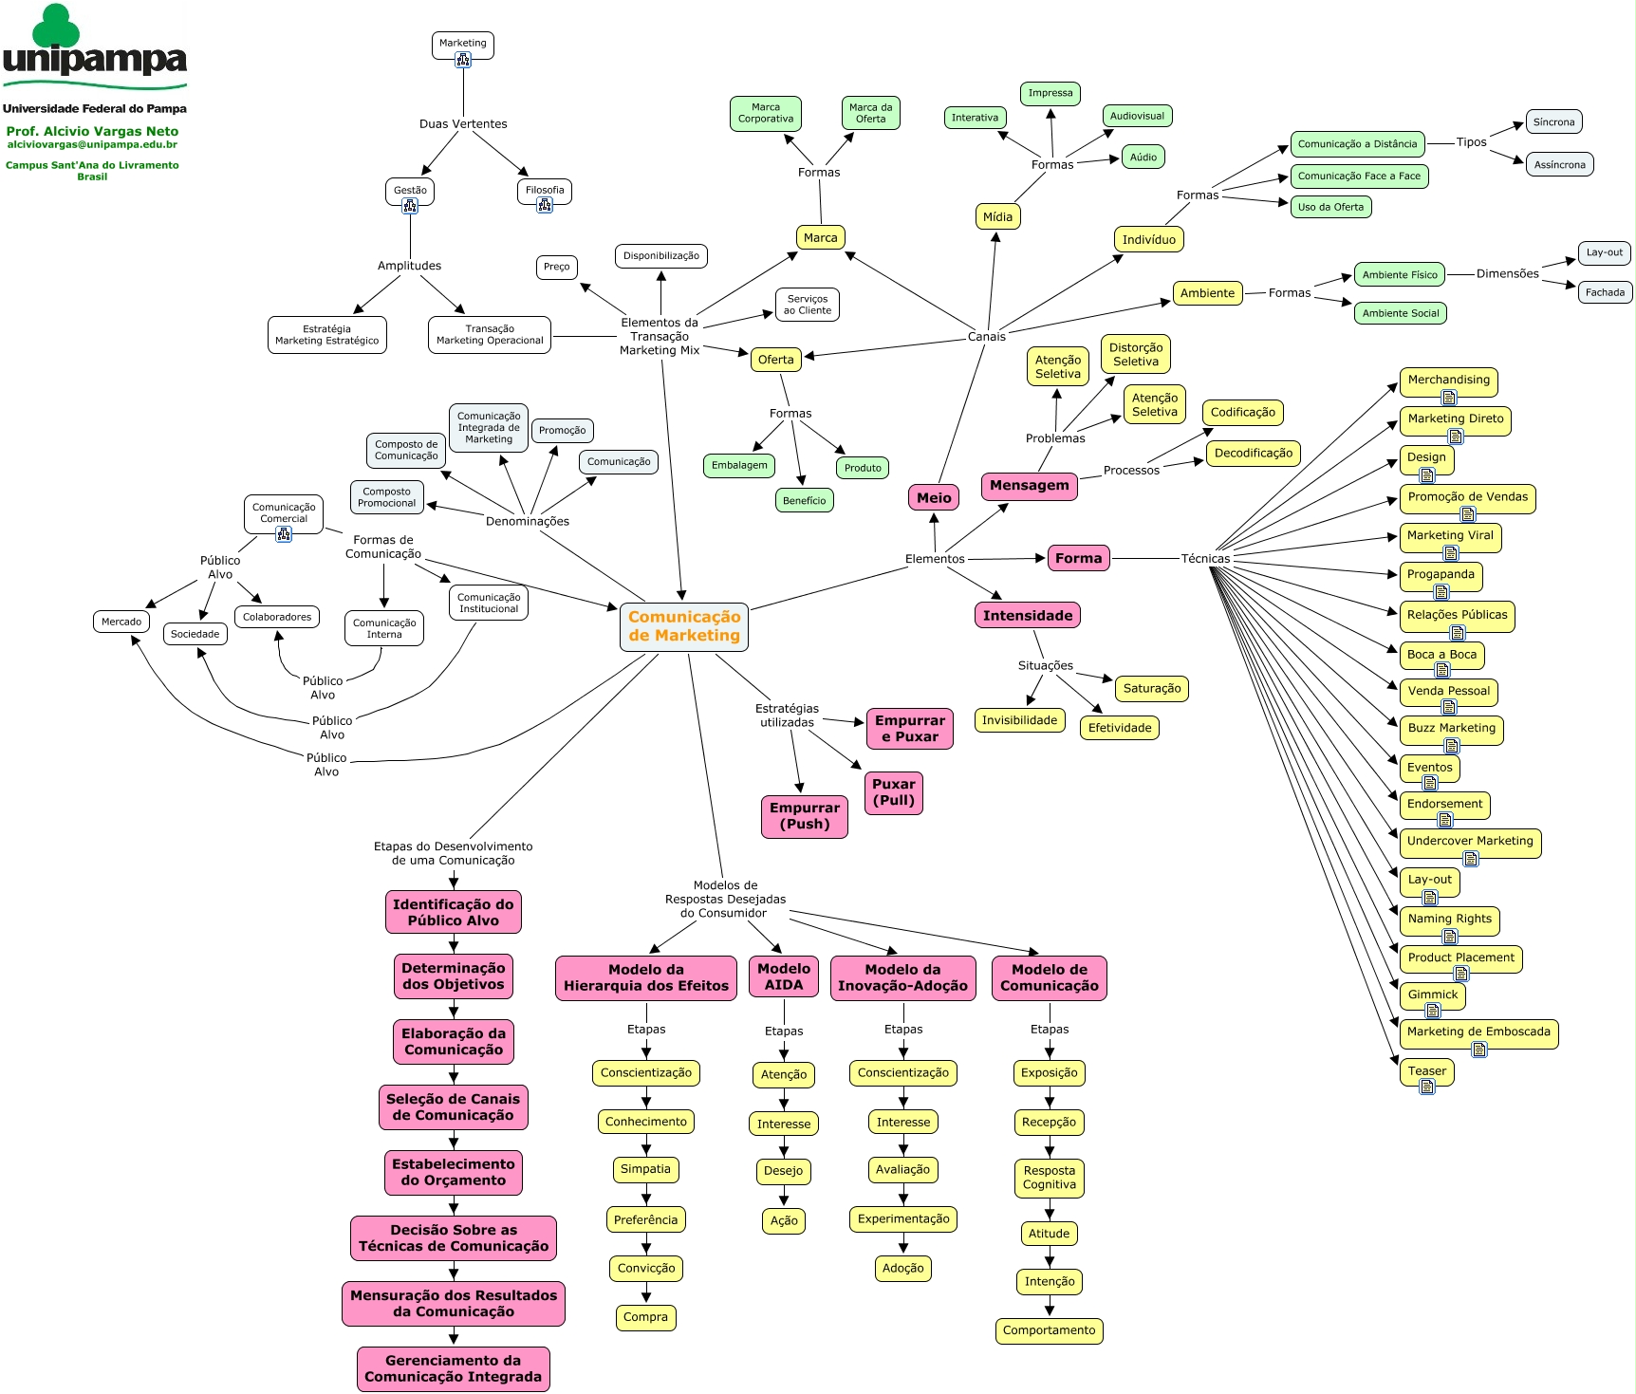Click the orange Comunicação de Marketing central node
[684, 626]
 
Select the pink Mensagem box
[1030, 486]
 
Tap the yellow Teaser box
[1427, 1071]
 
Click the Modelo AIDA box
[784, 977]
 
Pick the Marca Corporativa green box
[766, 114]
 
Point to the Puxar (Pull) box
[894, 792]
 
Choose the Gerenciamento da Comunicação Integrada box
[454, 1369]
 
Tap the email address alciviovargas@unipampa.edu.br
[92, 145]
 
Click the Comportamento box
[1050, 1330]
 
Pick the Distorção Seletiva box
[1136, 355]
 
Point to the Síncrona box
[1554, 122]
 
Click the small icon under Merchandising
[1449, 398]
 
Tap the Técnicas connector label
[1205, 558]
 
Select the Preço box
[557, 268]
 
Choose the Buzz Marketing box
[1452, 729]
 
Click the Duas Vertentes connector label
[463, 124]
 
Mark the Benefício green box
[805, 501]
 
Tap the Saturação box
[1152, 689]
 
